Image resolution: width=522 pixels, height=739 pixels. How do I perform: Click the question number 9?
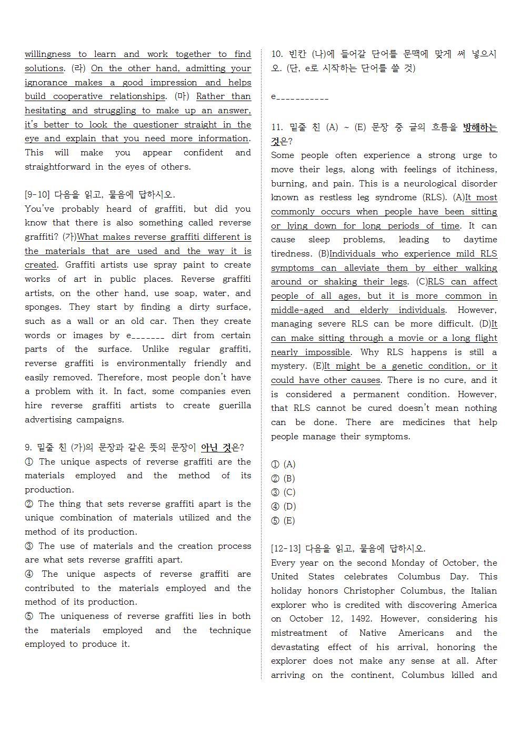click(28, 448)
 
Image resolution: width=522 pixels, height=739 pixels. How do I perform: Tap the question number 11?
click(276, 127)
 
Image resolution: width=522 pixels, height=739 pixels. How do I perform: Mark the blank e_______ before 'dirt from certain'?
click(145, 336)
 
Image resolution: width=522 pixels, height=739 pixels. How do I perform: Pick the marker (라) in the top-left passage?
click(78, 68)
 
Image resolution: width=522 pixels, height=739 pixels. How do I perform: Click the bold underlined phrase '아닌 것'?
click(216, 448)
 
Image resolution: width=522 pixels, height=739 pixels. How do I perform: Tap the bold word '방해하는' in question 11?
click(480, 127)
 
